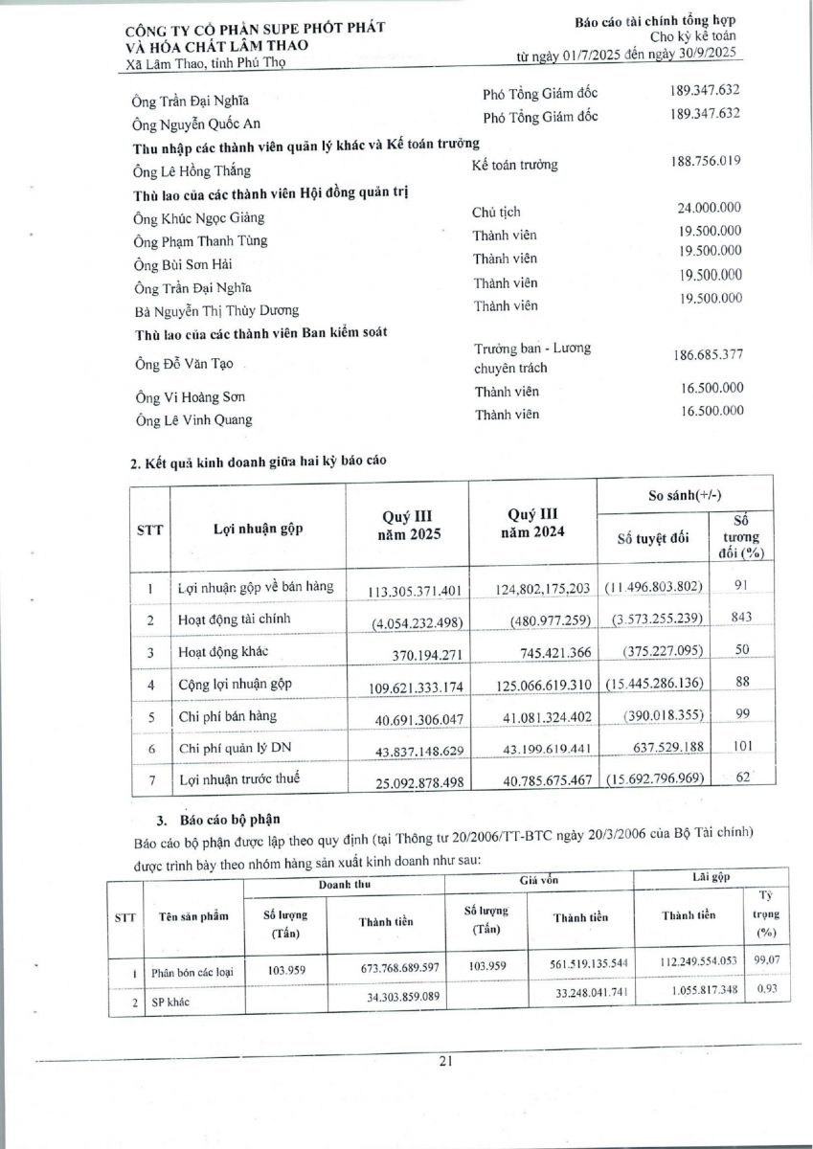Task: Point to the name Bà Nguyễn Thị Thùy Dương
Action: [215, 310]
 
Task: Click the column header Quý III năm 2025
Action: [407, 526]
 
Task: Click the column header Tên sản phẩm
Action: [194, 916]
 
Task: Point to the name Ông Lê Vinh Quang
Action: [194, 419]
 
